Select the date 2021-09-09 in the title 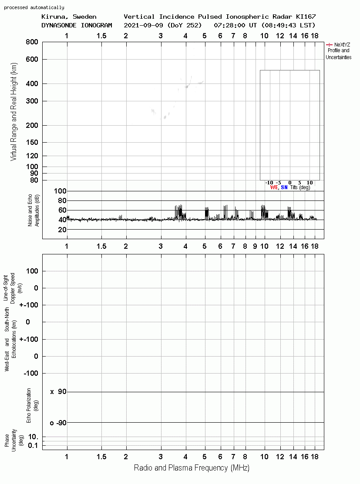pyautogui.click(x=143, y=25)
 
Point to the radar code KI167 pyautogui.click(x=306, y=17)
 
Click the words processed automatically pyautogui.click(x=34, y=7)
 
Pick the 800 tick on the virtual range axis pyautogui.click(x=32, y=42)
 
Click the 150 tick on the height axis pyautogui.click(x=32, y=142)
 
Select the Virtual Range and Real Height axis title pyautogui.click(x=13, y=112)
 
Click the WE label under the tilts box pyautogui.click(x=274, y=187)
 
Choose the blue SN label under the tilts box pyautogui.click(x=284, y=187)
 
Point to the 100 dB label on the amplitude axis pyautogui.click(x=60, y=191)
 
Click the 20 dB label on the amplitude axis pyautogui.click(x=62, y=230)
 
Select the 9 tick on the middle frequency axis pyautogui.click(x=255, y=246)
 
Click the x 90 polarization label pyautogui.click(x=58, y=392)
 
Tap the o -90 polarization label pyautogui.click(x=58, y=423)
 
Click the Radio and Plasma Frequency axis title pyautogui.click(x=192, y=468)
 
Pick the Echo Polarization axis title pyautogui.click(x=32, y=405)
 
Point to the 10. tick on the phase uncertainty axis pyautogui.click(x=34, y=437)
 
